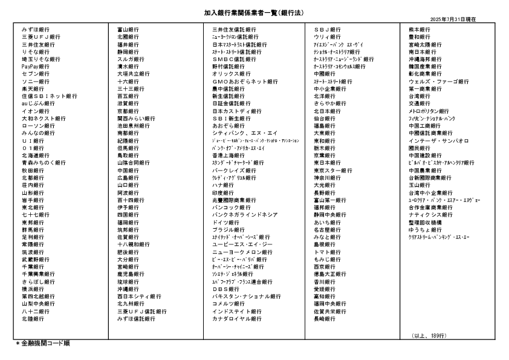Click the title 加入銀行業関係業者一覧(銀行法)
point(254,12)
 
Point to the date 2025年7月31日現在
point(453,20)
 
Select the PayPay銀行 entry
point(36,67)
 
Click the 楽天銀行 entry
point(33,89)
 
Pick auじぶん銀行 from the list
point(38,103)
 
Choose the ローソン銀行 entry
point(36,126)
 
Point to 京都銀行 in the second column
point(128,111)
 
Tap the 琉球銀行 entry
point(128,281)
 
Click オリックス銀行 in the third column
point(232,74)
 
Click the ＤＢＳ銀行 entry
point(226,289)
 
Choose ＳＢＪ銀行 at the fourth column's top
point(327,30)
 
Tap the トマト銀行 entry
point(327,252)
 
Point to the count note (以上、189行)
point(429,335)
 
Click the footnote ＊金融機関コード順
point(42,344)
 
